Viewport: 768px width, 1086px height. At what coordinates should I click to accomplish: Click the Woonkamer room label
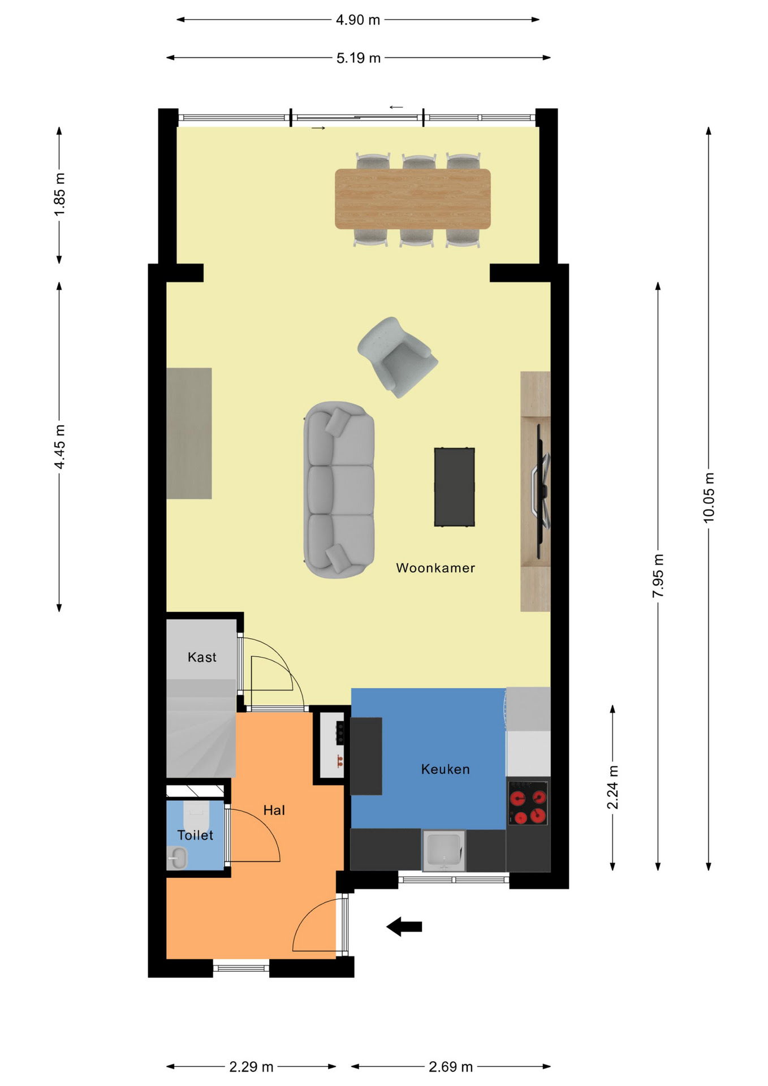[x=435, y=568]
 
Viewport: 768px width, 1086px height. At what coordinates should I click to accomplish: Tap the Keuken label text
[x=445, y=769]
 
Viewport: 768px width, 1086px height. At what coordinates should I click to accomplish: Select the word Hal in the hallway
[x=274, y=810]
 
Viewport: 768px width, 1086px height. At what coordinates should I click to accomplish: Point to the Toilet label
[x=195, y=835]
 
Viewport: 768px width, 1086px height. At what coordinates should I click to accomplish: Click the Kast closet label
[x=202, y=657]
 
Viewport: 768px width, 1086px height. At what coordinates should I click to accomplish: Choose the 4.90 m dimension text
[x=358, y=20]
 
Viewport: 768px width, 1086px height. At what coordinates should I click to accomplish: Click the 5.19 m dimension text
[x=359, y=58]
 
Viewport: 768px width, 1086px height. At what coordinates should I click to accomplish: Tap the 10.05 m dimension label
[x=709, y=498]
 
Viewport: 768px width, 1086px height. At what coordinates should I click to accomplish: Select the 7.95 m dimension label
[x=658, y=576]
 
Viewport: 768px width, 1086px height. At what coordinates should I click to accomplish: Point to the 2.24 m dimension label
[x=612, y=787]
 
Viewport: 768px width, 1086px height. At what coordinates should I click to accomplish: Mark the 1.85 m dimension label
[x=59, y=195]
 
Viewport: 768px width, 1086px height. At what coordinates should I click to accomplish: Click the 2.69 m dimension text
[x=450, y=1067]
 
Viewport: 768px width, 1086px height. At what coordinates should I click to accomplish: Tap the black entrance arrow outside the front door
[x=404, y=926]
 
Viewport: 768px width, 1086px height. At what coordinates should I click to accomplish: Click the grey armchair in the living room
[x=398, y=357]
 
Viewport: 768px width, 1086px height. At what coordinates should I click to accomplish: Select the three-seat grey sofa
[x=339, y=490]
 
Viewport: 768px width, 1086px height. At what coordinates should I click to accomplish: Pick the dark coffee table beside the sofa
[x=454, y=487]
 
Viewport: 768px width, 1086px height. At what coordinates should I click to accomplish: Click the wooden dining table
[x=413, y=199]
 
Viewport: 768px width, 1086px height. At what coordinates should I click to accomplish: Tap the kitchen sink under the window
[x=444, y=850]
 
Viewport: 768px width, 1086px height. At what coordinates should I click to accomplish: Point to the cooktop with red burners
[x=528, y=803]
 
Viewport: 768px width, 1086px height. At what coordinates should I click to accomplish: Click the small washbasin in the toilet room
[x=177, y=858]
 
